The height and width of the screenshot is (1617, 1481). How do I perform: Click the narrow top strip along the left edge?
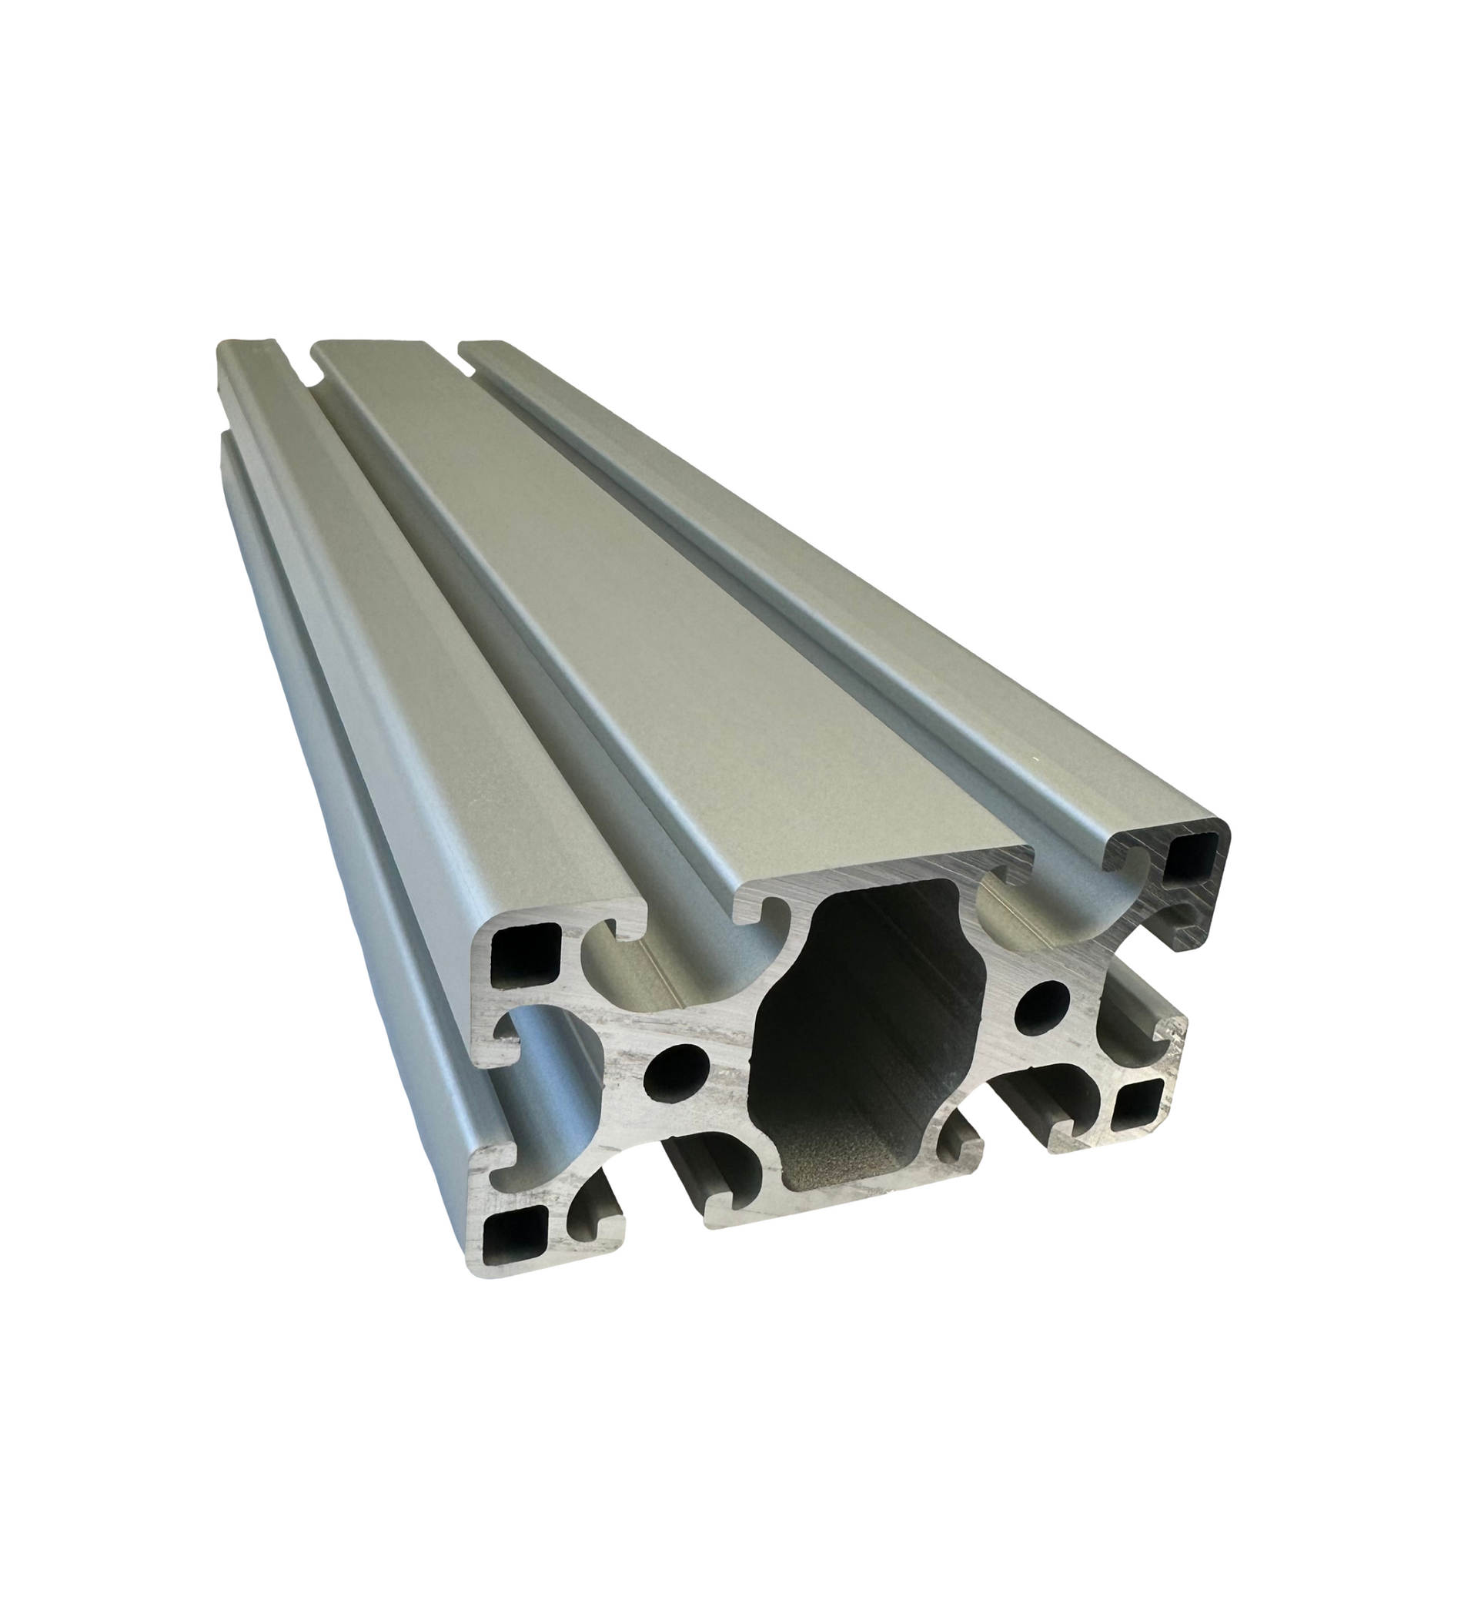(x=337, y=561)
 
